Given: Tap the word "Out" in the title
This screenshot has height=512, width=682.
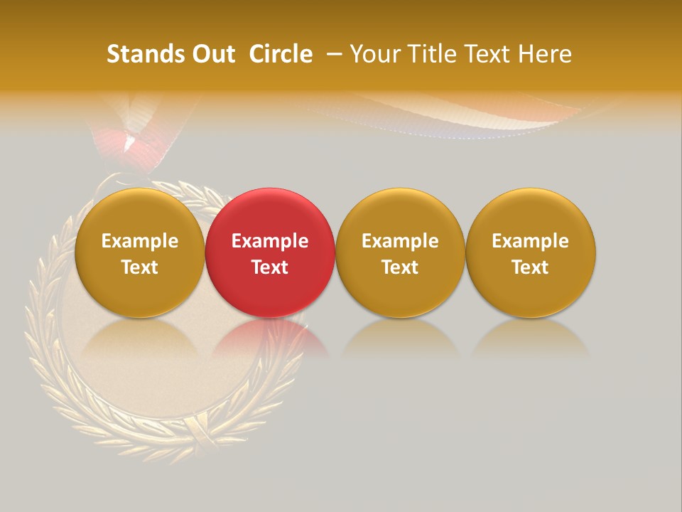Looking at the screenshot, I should click(212, 54).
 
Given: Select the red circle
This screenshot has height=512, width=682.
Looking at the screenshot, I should click(270, 252).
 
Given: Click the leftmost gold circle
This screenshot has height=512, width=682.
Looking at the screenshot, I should click(140, 252).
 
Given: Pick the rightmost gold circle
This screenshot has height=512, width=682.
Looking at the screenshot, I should click(531, 252).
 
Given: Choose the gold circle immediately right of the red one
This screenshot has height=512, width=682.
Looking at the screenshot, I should click(400, 252).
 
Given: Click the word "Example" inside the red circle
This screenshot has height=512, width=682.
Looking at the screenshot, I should click(270, 241).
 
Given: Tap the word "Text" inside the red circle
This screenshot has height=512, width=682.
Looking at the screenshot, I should click(270, 267).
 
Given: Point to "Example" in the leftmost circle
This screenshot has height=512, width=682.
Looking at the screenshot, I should click(140, 241).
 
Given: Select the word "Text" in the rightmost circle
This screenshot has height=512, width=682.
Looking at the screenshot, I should click(531, 267).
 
